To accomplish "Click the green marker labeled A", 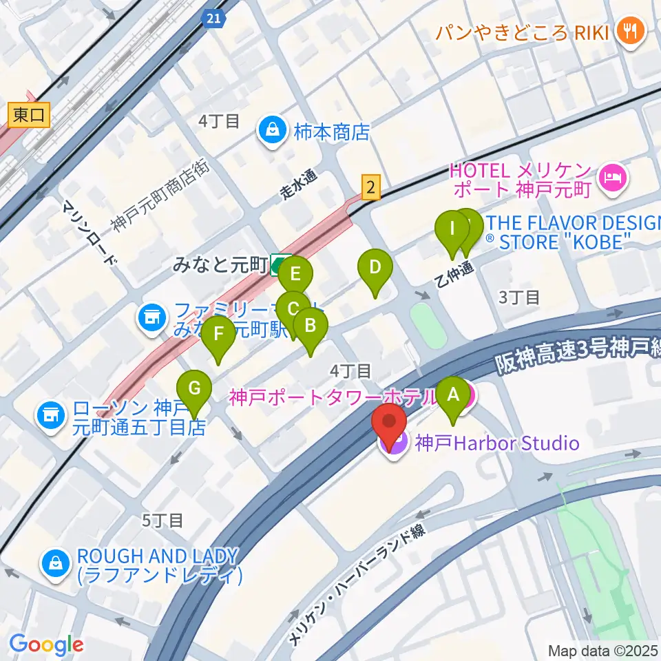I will point(453,396).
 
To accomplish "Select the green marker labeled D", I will point(375,268).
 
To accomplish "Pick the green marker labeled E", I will point(295,275).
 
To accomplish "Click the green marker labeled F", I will point(219,335).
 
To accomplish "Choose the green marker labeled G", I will point(194,390).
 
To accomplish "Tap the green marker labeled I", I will point(452,229).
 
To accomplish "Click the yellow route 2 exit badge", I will point(371,187).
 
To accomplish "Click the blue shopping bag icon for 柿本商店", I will point(273,131).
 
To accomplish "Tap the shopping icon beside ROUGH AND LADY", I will point(54,565).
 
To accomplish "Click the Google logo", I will point(46,644).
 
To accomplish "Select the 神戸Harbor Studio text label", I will point(496,443).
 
